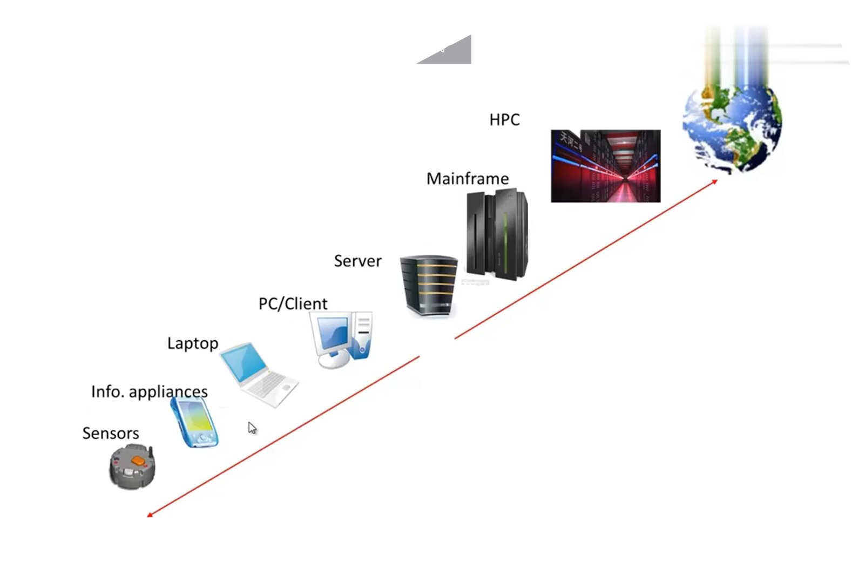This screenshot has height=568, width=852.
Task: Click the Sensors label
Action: tap(111, 433)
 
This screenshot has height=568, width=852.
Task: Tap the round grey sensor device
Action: tap(132, 466)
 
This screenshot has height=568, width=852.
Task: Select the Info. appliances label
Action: tap(149, 391)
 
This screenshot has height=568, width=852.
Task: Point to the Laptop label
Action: tap(193, 343)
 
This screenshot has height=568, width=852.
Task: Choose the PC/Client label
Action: tap(293, 304)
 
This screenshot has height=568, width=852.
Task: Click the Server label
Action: tap(357, 261)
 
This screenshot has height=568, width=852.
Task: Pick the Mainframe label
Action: tap(468, 179)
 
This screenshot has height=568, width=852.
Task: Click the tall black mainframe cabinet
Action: tap(497, 235)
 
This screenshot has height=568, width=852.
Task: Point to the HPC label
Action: tap(504, 119)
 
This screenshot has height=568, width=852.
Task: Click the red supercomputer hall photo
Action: tap(605, 166)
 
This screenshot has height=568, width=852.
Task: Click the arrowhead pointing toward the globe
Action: tap(714, 181)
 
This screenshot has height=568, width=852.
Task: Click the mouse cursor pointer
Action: tap(252, 428)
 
